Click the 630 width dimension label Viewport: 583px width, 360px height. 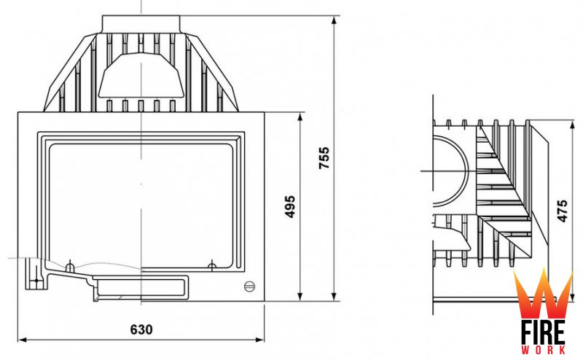click(x=141, y=329)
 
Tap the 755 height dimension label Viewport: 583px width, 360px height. click(x=324, y=158)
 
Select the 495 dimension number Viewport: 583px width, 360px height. click(x=289, y=206)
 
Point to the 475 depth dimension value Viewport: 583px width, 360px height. click(x=563, y=211)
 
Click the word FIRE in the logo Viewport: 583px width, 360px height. click(x=543, y=332)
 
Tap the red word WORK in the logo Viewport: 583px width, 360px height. click(x=544, y=350)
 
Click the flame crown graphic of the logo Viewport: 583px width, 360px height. click(x=543, y=294)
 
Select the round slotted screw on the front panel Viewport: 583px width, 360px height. click(x=249, y=286)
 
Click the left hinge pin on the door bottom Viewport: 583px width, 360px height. click(x=70, y=267)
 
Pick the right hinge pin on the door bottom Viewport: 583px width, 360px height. click(x=212, y=265)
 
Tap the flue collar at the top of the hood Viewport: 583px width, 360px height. click(x=141, y=24)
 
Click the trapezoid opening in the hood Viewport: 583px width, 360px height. click(x=141, y=76)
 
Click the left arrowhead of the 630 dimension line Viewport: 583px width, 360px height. click(x=23, y=340)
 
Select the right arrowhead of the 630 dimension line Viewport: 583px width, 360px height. click(x=260, y=340)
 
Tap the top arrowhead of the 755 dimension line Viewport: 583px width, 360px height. click(x=334, y=20)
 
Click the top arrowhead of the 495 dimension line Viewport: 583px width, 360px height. click(x=300, y=117)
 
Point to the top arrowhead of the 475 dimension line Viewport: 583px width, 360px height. click(x=573, y=125)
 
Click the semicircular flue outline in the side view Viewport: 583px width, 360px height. click(x=451, y=171)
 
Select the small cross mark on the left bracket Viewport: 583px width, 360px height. click(x=36, y=280)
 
